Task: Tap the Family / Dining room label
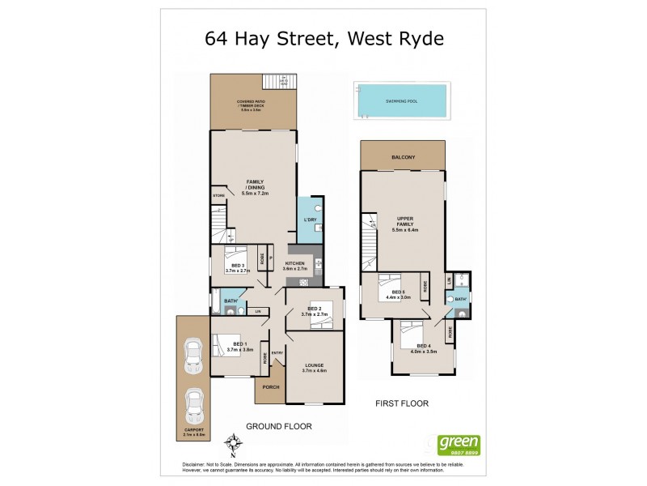coord(255,187)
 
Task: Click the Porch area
coord(271,387)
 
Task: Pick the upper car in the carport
coord(194,355)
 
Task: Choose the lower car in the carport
coord(194,405)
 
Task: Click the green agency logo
coord(459,446)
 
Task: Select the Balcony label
coord(403,156)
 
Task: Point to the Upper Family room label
coord(402,225)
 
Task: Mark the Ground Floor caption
coord(278,426)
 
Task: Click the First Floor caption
coord(402,403)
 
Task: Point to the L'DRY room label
coord(309,220)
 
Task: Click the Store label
coord(218,196)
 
